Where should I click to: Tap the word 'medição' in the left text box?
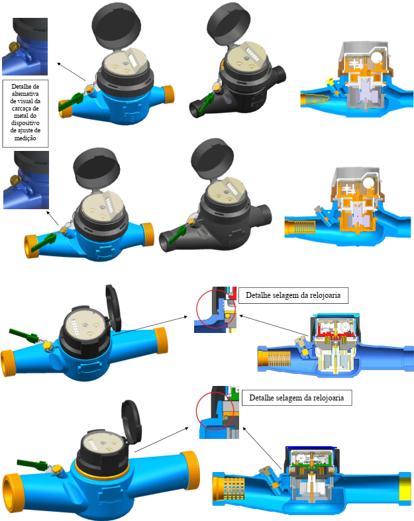pos(25,138)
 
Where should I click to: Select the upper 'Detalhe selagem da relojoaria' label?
pos(293,295)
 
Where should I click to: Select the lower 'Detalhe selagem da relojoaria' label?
pos(297,398)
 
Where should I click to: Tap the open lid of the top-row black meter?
pos(228,24)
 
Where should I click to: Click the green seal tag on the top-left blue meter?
pos(70,102)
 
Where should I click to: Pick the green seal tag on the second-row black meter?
pos(178,234)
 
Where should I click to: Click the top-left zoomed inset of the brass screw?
pos(25,46)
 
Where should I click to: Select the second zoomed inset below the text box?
pos(26,180)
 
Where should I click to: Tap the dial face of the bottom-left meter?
pos(101,444)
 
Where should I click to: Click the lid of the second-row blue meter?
pos(97,168)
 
